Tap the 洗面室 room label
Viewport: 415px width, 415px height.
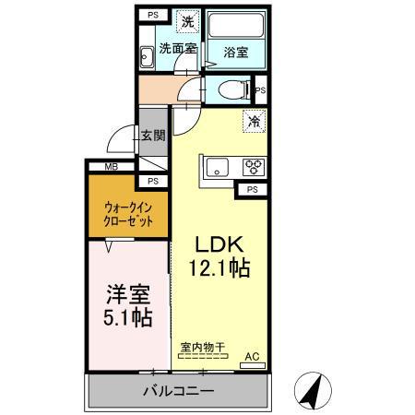tap(175, 47)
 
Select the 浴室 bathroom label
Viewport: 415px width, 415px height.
tap(235, 53)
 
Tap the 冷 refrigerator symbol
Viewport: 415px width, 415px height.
tap(254, 120)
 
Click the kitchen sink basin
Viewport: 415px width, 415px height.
tap(219, 167)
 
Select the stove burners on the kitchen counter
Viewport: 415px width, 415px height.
tap(253, 167)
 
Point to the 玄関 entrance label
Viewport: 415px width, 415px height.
tap(153, 136)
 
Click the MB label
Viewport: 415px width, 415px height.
tap(111, 166)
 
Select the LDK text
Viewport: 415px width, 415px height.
tap(219, 245)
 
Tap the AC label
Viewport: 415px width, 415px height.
tap(251, 355)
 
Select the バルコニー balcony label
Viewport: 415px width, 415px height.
tap(179, 391)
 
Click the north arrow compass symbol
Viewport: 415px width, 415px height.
tap(312, 392)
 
